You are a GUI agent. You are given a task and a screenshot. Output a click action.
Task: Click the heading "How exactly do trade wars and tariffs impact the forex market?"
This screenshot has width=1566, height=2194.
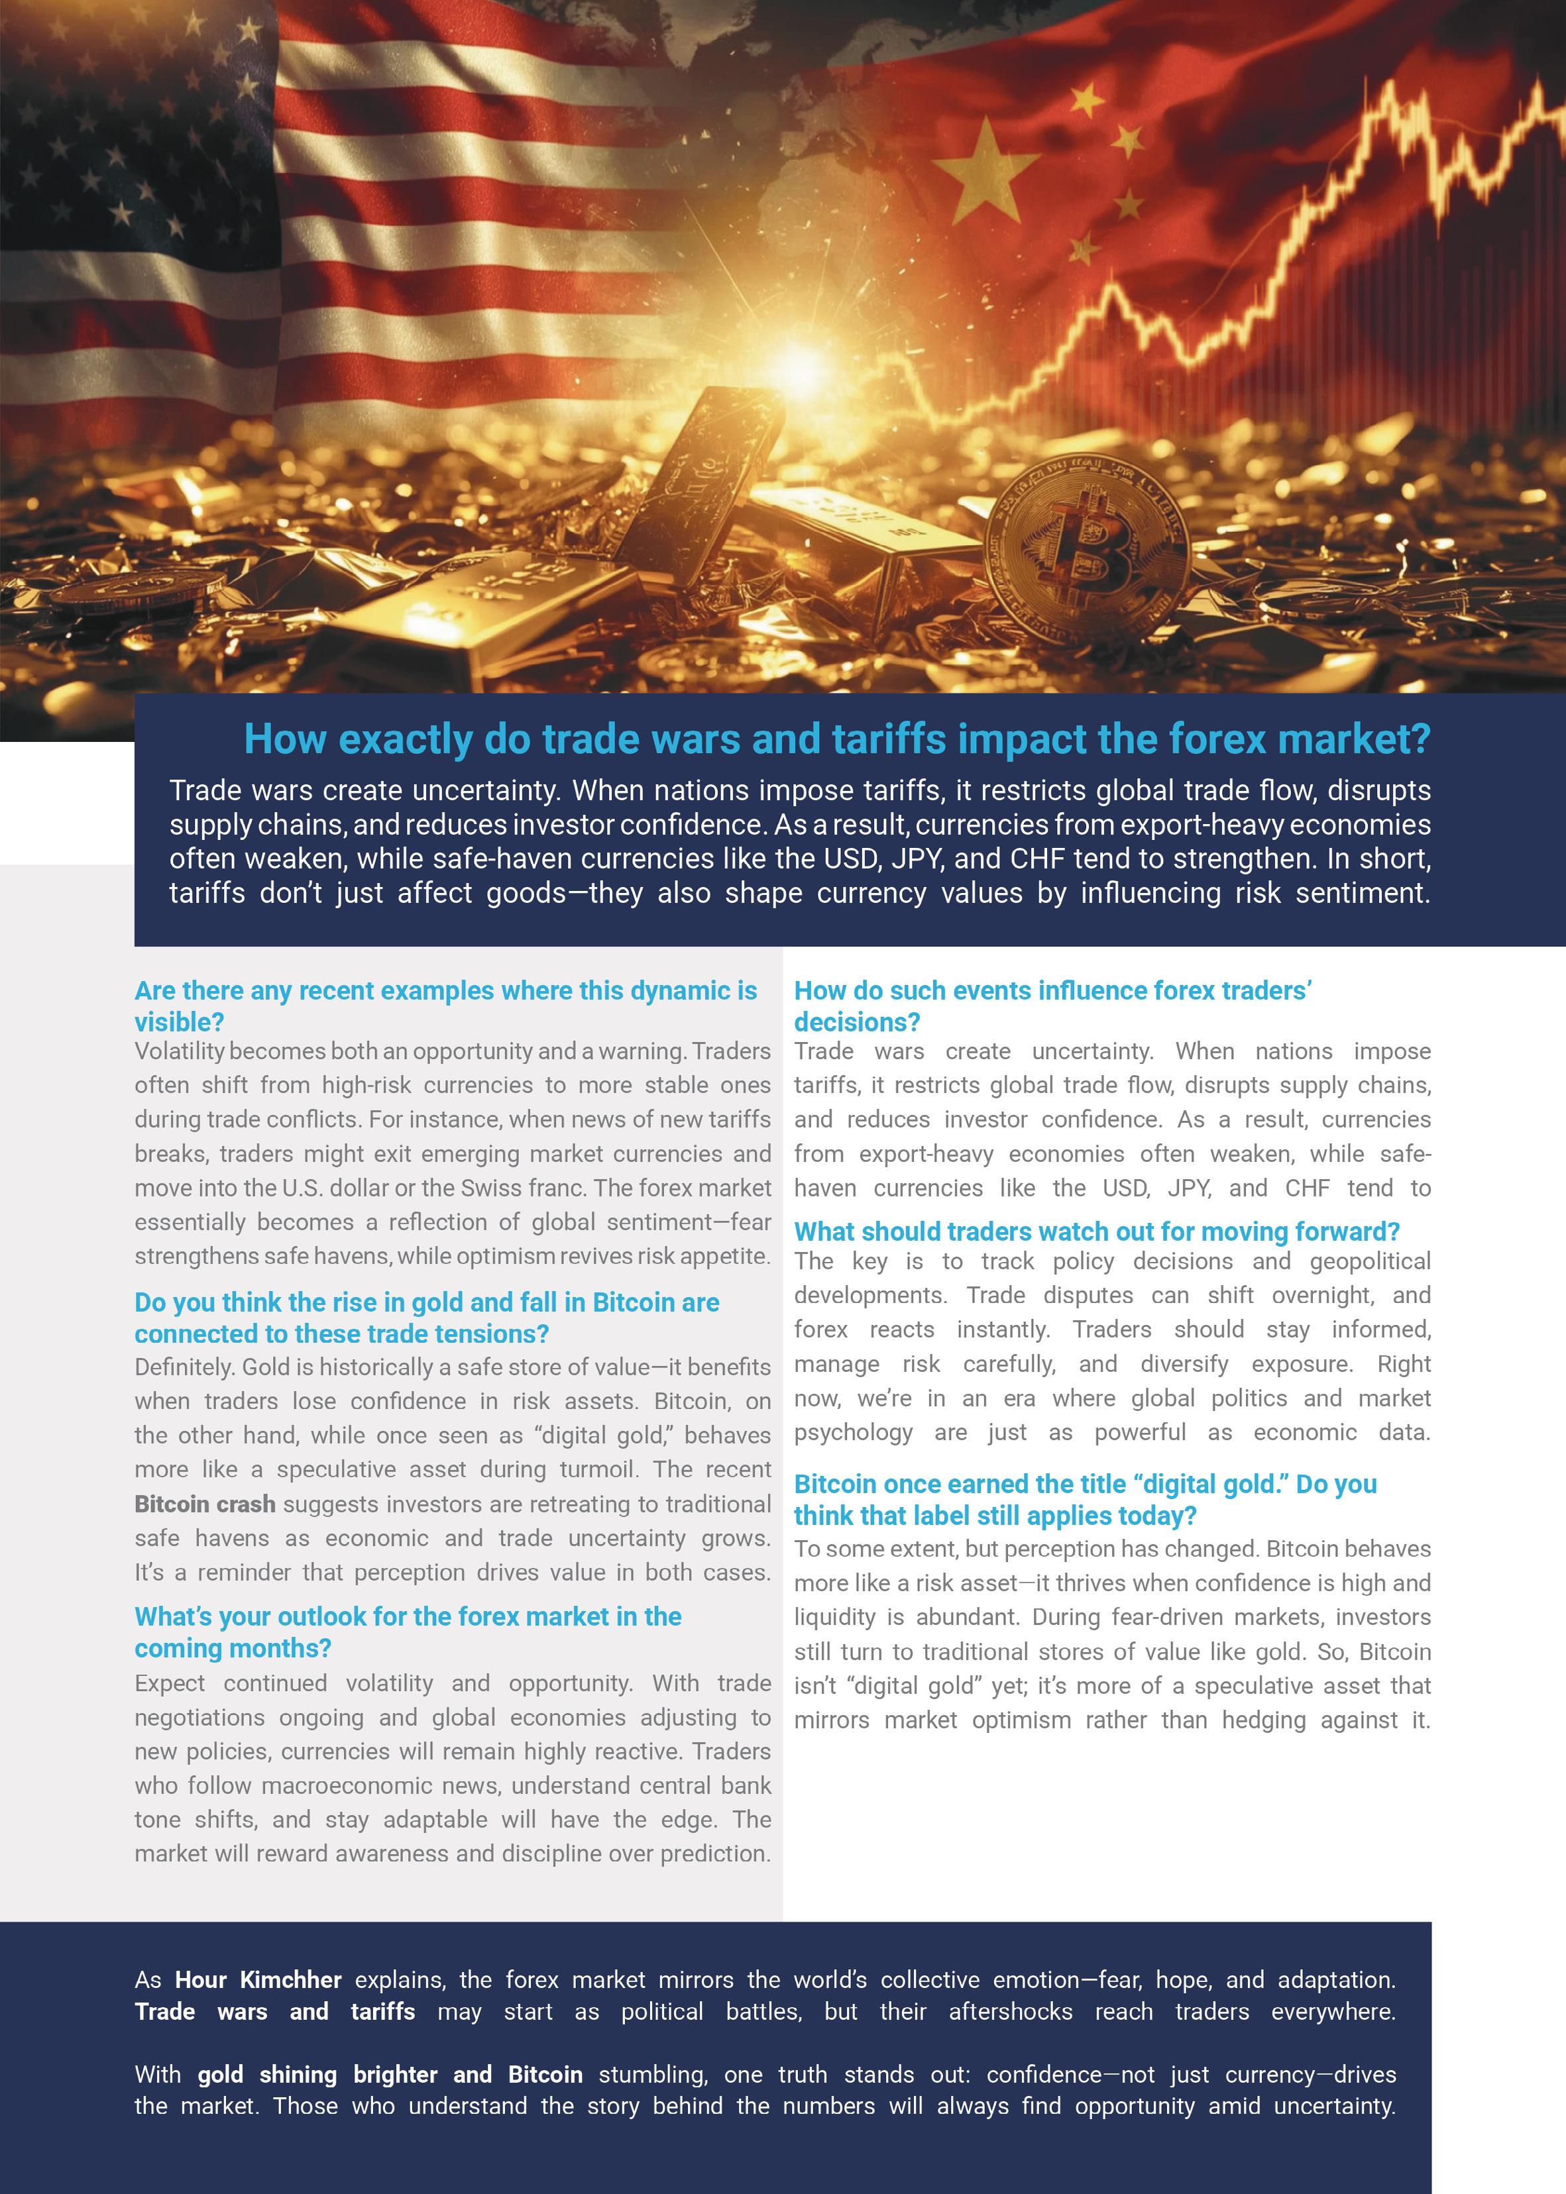coord(836,739)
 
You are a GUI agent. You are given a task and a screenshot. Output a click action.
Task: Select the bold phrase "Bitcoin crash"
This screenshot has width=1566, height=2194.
coord(204,1504)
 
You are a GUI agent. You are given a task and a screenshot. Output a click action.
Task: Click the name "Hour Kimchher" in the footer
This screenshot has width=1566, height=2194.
coord(257,1980)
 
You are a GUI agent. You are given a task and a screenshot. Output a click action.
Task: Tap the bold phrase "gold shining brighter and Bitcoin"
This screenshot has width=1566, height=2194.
coord(390,2075)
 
